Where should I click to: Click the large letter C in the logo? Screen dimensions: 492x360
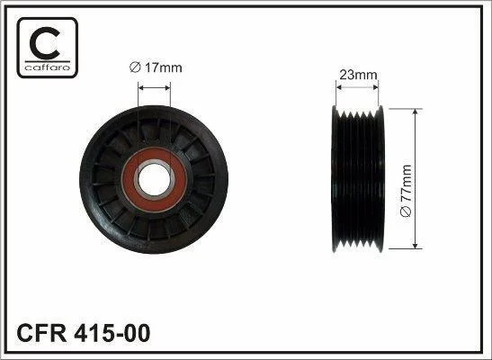click(x=45, y=43)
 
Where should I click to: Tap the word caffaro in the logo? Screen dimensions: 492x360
click(x=47, y=67)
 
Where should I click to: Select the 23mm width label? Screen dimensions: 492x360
click(x=358, y=75)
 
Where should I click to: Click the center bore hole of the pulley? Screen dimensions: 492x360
click(x=154, y=179)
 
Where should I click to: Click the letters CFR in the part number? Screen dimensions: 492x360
click(x=41, y=333)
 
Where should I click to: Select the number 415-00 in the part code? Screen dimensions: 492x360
click(x=112, y=333)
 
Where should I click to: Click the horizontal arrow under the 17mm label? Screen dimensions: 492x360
click(x=154, y=88)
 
